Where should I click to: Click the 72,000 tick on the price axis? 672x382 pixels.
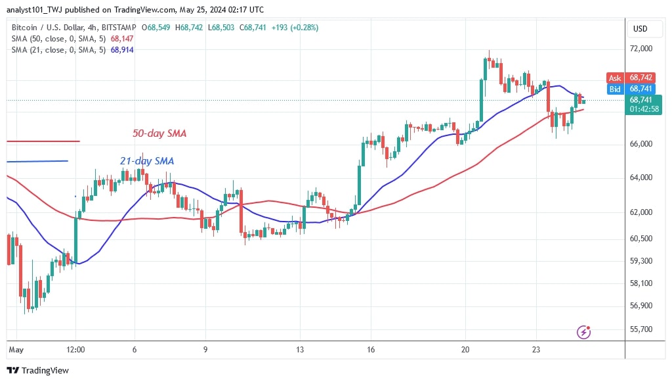[x=641, y=49]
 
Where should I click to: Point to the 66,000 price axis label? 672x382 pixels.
[x=641, y=144]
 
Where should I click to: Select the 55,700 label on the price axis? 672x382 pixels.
[x=641, y=329]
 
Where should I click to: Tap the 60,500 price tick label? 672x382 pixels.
[x=641, y=239]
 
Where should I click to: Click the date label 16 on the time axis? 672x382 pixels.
[x=371, y=349]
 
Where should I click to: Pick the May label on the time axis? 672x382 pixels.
[x=16, y=349]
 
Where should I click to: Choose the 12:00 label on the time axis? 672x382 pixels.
[x=76, y=349]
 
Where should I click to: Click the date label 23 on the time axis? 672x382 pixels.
[x=536, y=349]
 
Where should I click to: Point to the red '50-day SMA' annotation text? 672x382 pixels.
[x=159, y=133]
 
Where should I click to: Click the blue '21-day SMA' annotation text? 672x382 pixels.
[x=147, y=160]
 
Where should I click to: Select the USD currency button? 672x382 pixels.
[x=640, y=29]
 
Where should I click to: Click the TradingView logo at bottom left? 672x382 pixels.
[x=38, y=370]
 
